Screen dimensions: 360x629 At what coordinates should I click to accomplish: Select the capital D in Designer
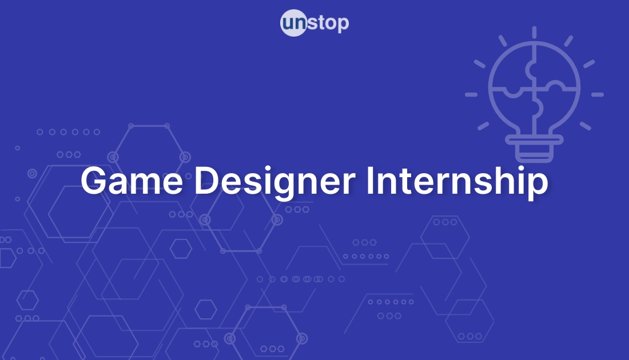[x=206, y=181]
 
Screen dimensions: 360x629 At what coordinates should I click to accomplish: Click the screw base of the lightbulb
[x=534, y=150]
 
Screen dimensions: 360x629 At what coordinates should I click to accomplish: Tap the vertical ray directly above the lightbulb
[x=534, y=33]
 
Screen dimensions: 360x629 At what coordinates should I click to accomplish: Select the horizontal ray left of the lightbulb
[x=471, y=94]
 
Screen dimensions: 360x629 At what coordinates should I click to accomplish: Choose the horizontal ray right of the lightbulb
[x=597, y=94]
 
